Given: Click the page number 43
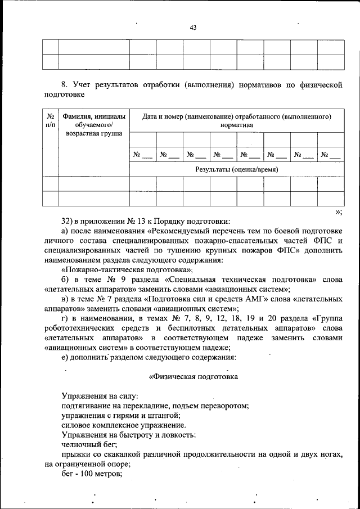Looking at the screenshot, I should point(193,28).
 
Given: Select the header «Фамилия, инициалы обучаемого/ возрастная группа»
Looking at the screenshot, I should point(93,124).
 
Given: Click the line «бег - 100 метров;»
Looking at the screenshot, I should point(92,473).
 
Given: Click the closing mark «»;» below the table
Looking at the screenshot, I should point(338,211).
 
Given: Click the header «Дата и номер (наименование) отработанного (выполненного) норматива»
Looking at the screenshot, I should point(236,120).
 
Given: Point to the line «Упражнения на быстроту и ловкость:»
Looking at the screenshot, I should point(129,434).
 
